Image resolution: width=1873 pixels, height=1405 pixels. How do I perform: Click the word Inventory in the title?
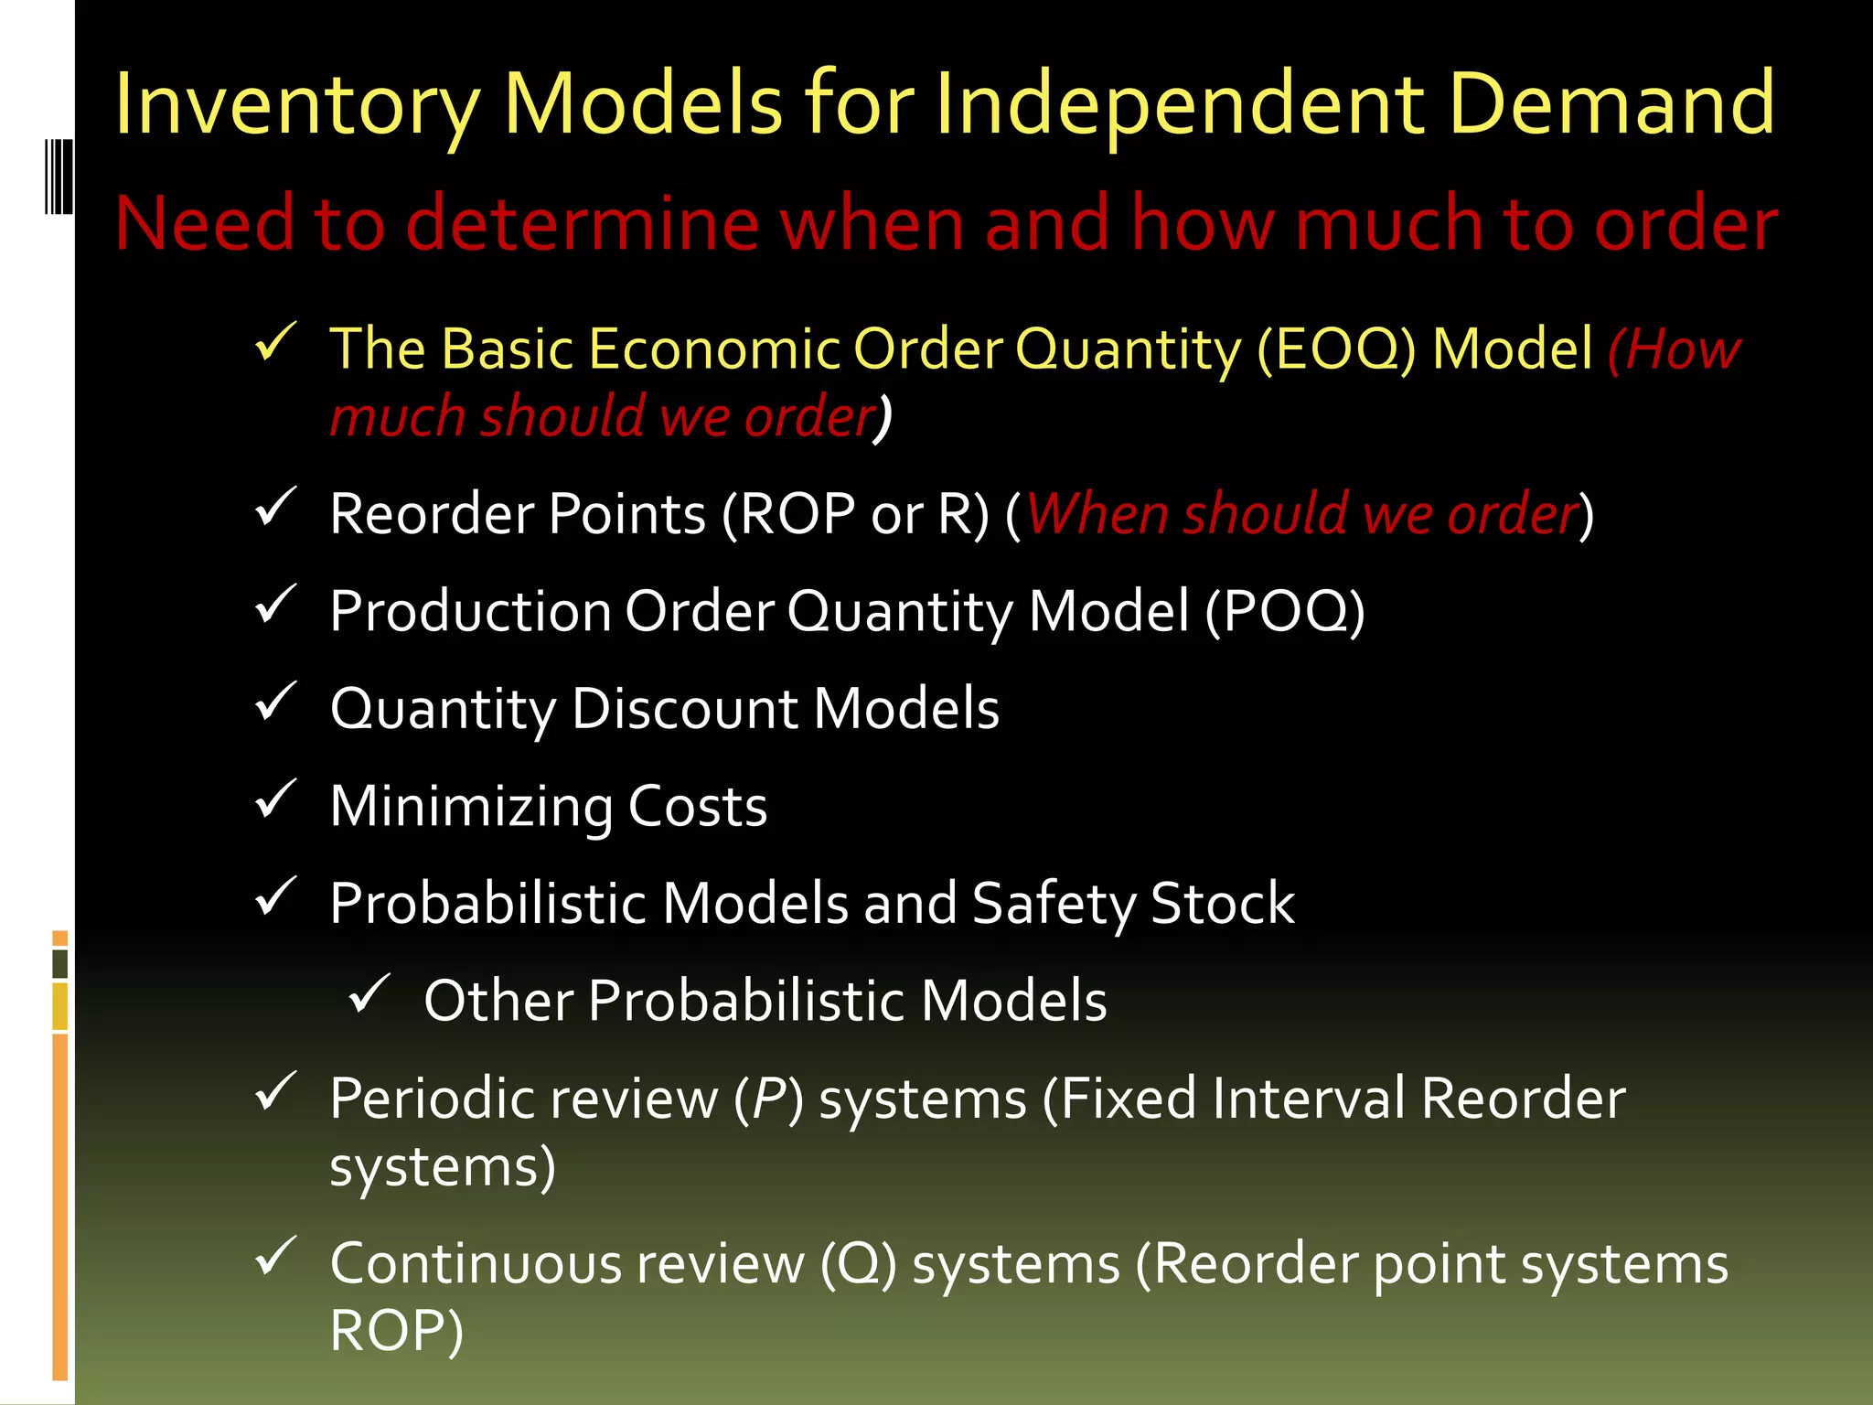pyautogui.click(x=296, y=105)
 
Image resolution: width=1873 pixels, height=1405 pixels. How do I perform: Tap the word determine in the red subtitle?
pyautogui.click(x=583, y=223)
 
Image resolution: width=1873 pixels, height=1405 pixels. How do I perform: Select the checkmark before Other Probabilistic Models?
pyautogui.click(x=369, y=993)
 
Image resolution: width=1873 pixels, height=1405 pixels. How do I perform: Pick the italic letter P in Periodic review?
pyautogui.click(x=768, y=1099)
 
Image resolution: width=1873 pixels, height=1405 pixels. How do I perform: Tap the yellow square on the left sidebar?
pyautogui.click(x=60, y=1006)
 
